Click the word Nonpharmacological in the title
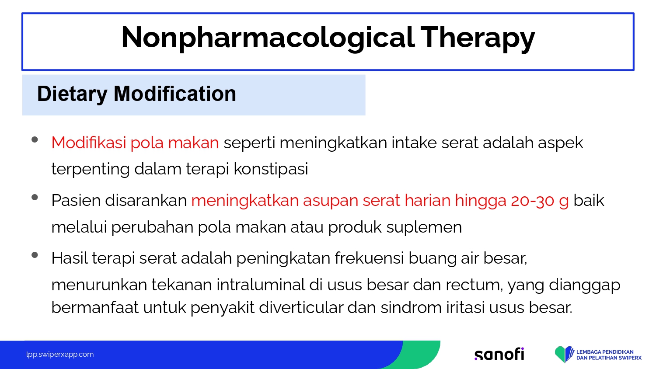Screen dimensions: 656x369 coord(268,38)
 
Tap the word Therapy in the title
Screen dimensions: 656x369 coord(478,38)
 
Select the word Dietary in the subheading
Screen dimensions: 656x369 coord(72,94)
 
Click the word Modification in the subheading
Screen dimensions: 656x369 coord(175,94)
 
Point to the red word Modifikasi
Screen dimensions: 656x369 coord(89,143)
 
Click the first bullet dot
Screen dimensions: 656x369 coord(35,139)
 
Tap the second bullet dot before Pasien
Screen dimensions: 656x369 coord(35,197)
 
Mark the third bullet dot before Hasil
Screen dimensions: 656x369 coord(35,255)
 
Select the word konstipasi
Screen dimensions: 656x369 coord(271,169)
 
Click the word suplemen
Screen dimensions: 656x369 coord(424,227)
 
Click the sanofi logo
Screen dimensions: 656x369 coord(499,354)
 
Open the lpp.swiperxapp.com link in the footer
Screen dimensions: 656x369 coord(60,355)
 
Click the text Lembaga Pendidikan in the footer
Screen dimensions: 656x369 coord(605,352)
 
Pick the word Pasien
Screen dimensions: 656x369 coord(76,201)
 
